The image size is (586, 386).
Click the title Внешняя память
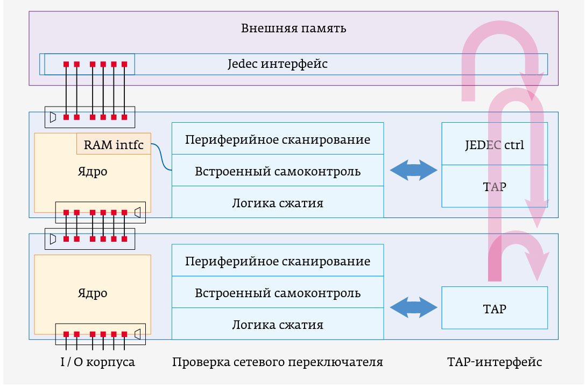pos(293,29)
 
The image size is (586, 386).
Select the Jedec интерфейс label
pos(277,64)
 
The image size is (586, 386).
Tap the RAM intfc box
pos(114,145)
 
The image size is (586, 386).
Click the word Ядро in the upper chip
pos(92,172)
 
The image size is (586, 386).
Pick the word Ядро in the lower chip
pos(92,293)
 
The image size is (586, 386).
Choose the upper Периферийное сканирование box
pos(278,140)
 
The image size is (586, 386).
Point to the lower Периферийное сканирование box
pos(278,262)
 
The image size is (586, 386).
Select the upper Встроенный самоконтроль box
pos(278,172)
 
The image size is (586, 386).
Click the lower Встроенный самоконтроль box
pos(278,293)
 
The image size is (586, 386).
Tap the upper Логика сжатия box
pos(278,203)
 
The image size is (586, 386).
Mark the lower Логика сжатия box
pos(278,325)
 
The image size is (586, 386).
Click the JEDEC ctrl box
pos(494,145)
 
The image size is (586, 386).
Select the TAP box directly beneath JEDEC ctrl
pos(494,187)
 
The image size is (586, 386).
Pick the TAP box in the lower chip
pos(494,308)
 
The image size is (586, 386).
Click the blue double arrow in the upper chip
pos(413,171)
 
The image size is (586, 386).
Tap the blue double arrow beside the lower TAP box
pos(413,308)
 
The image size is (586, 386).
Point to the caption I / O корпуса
pos(97,362)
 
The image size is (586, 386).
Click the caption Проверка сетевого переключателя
pos(278,362)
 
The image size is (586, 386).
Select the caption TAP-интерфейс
pos(494,362)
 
